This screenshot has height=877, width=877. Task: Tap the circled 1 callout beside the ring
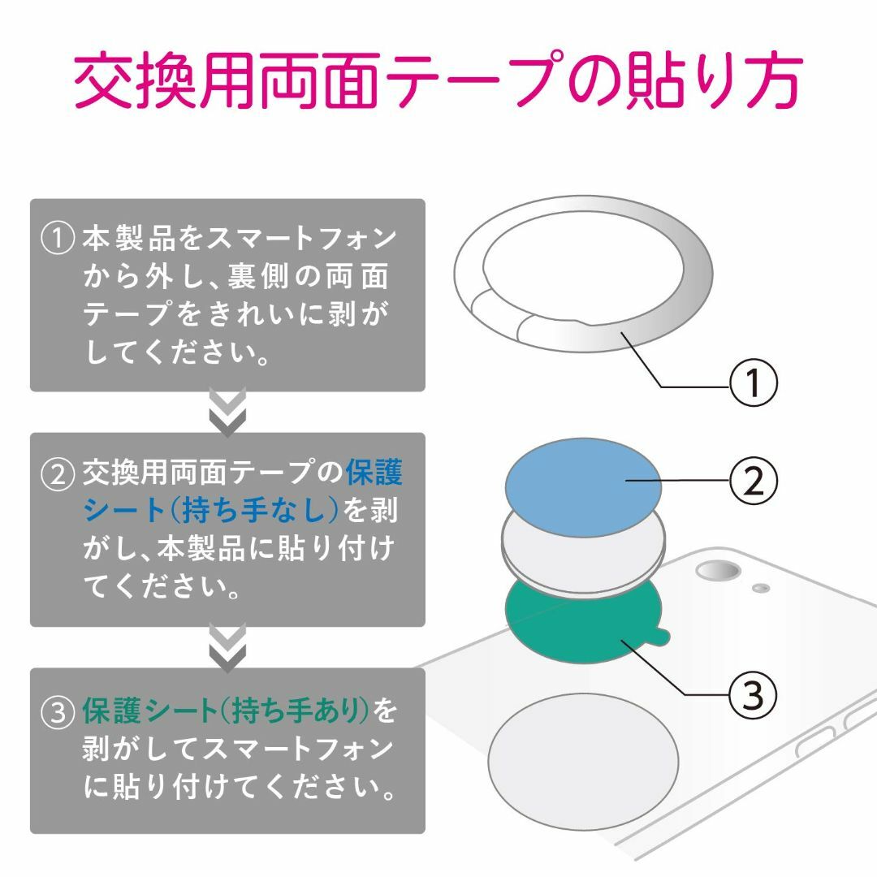pyautogui.click(x=754, y=382)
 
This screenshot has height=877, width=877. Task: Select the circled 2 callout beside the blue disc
pyautogui.click(x=754, y=481)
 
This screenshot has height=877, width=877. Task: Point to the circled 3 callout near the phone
pyautogui.click(x=754, y=695)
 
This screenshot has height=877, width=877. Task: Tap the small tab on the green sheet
pyautogui.click(x=663, y=634)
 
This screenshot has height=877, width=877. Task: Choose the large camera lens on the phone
pyautogui.click(x=718, y=571)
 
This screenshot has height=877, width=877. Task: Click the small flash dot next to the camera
pyautogui.click(x=761, y=588)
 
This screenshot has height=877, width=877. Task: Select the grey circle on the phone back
pyautogui.click(x=583, y=762)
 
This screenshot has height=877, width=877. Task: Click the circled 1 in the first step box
pyautogui.click(x=58, y=238)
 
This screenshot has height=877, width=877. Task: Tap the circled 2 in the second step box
pyautogui.click(x=58, y=473)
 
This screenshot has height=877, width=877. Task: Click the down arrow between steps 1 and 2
pyautogui.click(x=227, y=413)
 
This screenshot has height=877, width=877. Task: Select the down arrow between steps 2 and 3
pyautogui.click(x=227, y=648)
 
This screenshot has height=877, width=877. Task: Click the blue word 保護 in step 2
pyautogui.click(x=374, y=473)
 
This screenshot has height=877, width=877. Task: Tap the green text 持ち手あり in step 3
pyautogui.click(x=299, y=711)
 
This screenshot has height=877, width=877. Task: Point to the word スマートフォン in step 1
pyautogui.click(x=302, y=238)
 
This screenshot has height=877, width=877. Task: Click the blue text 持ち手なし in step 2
pyautogui.click(x=254, y=510)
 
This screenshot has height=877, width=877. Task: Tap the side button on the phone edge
pyautogui.click(x=815, y=741)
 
